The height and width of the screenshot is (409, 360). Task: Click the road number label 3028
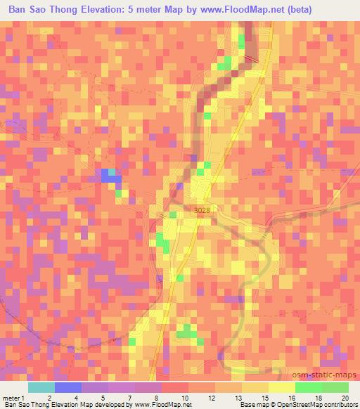(199, 210)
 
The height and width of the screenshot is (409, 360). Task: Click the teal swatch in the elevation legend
(41, 387)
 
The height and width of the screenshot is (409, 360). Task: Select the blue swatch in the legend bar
(67, 387)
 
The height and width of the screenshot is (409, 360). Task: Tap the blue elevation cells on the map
(109, 176)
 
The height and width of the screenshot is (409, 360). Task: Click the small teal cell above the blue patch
(112, 171)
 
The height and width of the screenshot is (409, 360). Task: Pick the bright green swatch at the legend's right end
(335, 387)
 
